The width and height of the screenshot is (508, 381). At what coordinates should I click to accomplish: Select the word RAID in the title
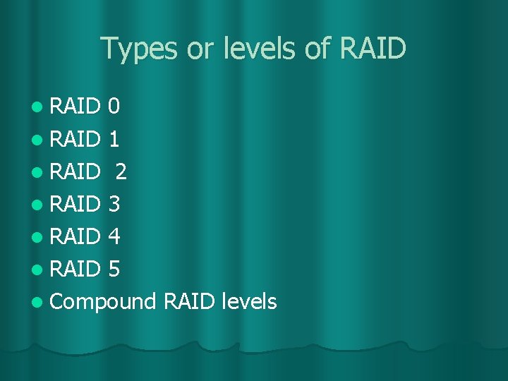coord(373,49)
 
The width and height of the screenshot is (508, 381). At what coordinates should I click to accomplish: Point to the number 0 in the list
coord(114,107)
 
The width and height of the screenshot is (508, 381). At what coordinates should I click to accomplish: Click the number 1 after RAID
coord(114,139)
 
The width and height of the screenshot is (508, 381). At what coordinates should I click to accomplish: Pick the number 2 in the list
coord(121,171)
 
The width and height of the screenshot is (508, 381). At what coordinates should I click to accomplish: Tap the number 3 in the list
coord(114,204)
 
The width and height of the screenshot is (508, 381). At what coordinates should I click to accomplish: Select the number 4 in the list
coord(114,236)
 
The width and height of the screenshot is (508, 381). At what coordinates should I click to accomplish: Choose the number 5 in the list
coord(114,269)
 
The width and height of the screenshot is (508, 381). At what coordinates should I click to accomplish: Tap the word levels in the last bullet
coord(248,301)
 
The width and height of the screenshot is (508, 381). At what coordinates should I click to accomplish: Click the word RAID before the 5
coord(76,269)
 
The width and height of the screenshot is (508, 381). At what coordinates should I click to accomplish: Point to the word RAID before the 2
coord(76,171)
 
